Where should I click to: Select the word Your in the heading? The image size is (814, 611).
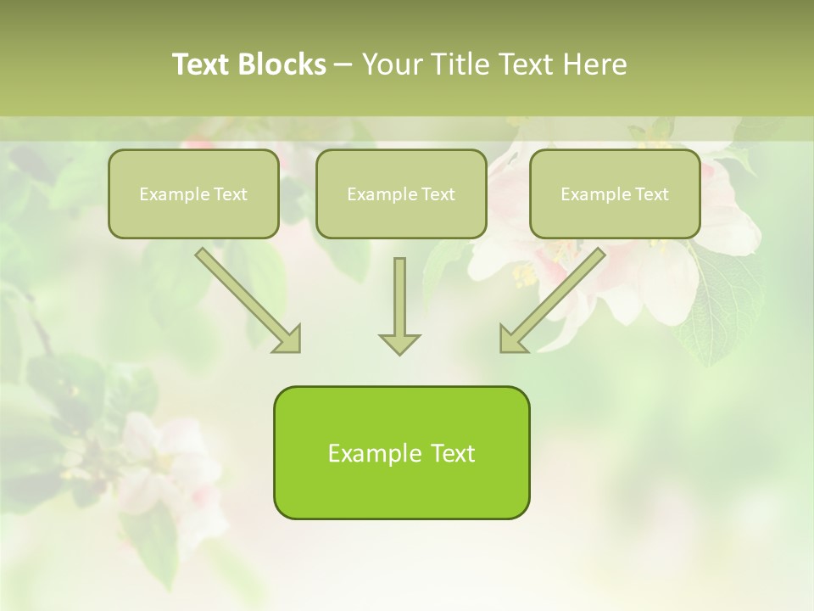coord(393,64)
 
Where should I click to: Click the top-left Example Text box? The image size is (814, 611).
coord(193,194)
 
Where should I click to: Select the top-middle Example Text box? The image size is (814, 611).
coord(401,194)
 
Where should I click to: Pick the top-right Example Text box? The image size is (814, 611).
coord(615,194)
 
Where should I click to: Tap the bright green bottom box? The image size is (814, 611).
coord(401,452)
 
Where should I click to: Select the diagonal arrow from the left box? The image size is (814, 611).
coord(246,299)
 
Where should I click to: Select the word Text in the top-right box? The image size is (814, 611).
coord(650,194)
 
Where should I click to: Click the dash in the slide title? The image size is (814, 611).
coord(343,65)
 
